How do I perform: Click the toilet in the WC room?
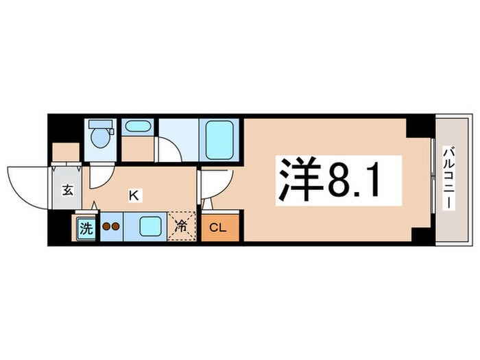(100, 136)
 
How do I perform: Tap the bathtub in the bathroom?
(219, 139)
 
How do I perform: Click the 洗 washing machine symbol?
(85, 229)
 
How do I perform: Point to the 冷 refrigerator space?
(182, 225)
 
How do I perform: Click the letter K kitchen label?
(135, 195)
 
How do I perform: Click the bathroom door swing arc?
(168, 149)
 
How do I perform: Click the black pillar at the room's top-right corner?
(416, 126)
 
